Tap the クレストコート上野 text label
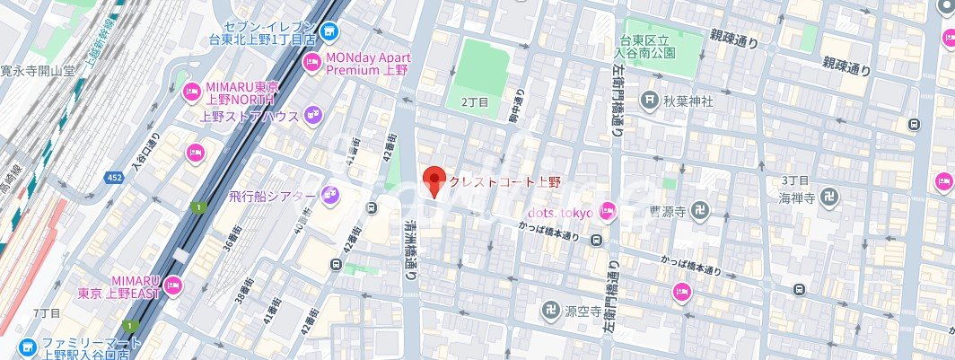(504, 182)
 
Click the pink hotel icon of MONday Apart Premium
(311, 62)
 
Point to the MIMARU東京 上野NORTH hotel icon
(191, 91)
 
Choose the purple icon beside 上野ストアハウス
(312, 114)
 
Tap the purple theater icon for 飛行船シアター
(329, 195)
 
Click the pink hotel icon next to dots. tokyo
(607, 212)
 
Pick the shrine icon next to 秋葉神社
(650, 101)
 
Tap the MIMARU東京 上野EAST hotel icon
(173, 286)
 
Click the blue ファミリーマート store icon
(26, 346)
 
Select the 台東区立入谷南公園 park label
(663, 48)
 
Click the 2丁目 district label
(475, 103)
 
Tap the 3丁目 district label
(796, 180)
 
